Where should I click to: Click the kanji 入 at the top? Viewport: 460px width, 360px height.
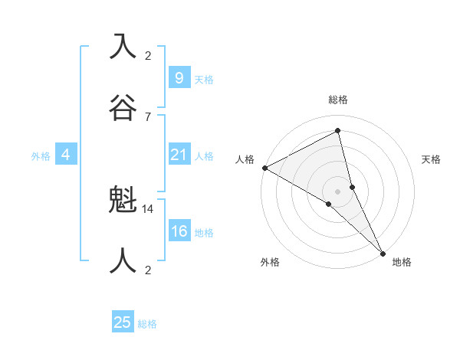tap(123, 46)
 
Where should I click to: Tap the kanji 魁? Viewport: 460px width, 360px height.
tap(123, 200)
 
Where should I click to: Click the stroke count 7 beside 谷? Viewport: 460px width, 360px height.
tap(148, 116)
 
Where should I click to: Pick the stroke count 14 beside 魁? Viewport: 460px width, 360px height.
tap(149, 208)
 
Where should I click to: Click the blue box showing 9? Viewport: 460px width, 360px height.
tap(179, 78)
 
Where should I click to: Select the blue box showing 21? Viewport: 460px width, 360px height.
tap(179, 155)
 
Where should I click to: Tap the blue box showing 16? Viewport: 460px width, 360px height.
tap(179, 232)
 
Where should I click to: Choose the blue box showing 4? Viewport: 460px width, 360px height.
tap(66, 155)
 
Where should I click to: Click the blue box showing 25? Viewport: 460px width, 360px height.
tap(123, 322)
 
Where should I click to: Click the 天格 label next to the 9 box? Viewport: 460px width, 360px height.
tap(204, 79)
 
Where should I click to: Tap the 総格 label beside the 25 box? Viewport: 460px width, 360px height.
tap(147, 324)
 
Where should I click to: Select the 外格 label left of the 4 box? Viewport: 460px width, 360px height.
tap(41, 155)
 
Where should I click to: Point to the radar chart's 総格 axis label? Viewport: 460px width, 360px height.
tap(338, 100)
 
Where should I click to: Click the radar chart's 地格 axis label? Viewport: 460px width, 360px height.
tap(402, 262)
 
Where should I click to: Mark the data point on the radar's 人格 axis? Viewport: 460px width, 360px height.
tap(264, 168)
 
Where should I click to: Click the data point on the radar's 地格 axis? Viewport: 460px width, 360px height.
tap(383, 253)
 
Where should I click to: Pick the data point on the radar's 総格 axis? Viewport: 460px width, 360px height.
tap(338, 131)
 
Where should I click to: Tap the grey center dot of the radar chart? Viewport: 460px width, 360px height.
tap(338, 191)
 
